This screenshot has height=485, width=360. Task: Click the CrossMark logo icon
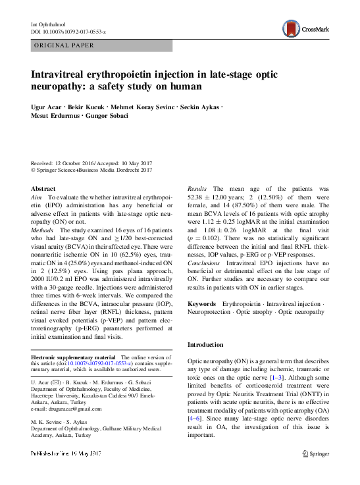[x=291, y=28]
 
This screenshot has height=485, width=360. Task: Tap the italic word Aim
[x=37, y=197]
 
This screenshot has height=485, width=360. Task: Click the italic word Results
[x=198, y=188]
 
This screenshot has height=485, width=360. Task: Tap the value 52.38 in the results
[x=198, y=197]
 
